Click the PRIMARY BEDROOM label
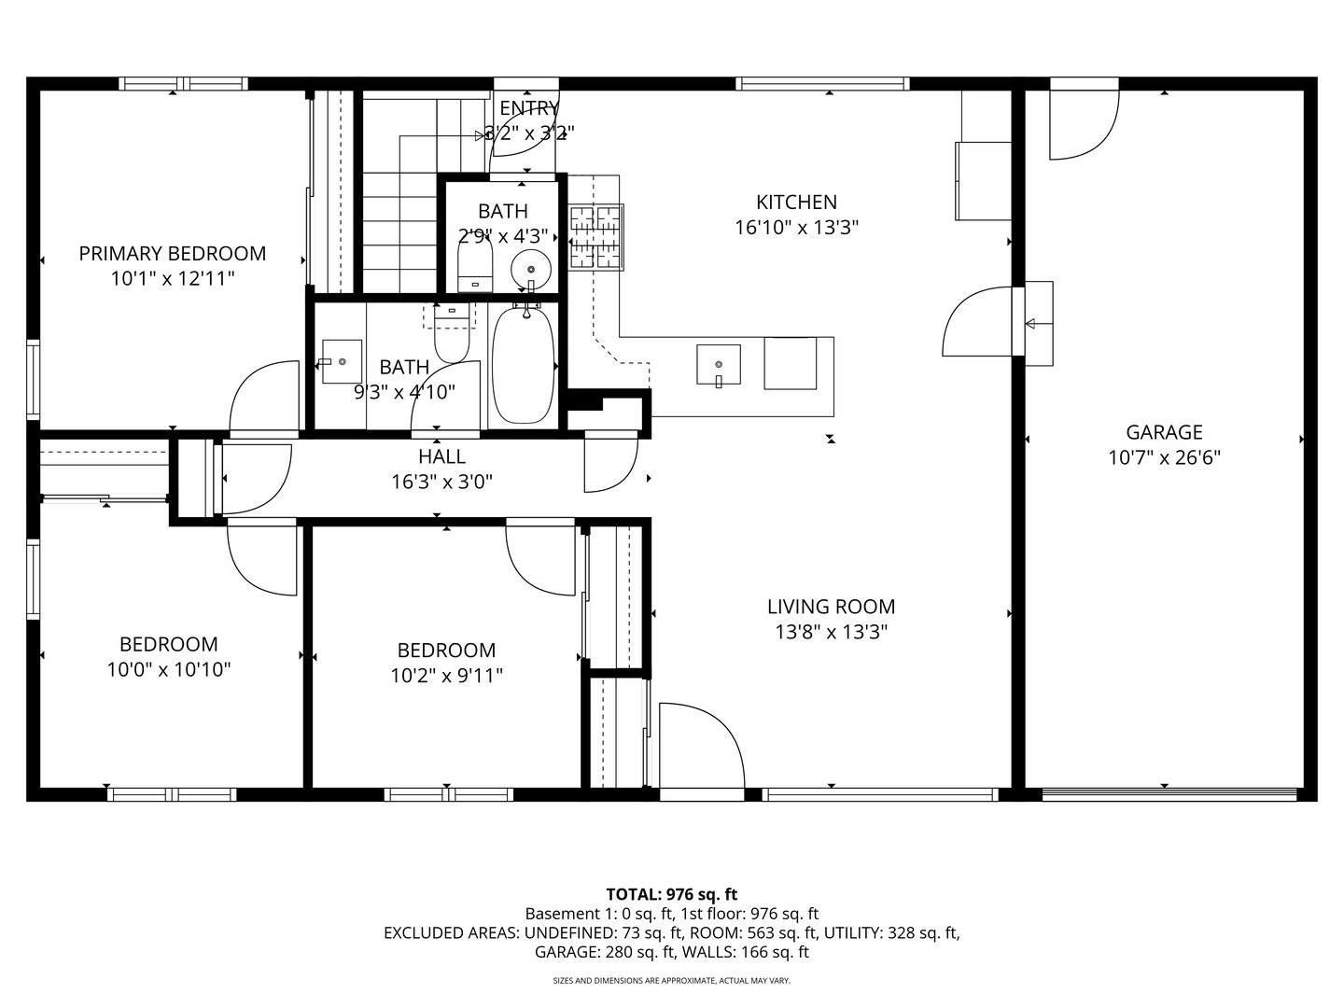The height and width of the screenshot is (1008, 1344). [173, 253]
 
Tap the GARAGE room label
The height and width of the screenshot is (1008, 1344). [1164, 432]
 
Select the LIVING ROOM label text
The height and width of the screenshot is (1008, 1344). [831, 607]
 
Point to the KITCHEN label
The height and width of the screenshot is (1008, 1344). [796, 202]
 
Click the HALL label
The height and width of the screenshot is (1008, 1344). [441, 456]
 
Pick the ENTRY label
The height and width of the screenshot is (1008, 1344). [529, 108]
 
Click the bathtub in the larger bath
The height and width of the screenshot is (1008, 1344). [524, 365]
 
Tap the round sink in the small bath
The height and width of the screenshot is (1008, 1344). [531, 270]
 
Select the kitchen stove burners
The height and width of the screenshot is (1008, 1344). [595, 237]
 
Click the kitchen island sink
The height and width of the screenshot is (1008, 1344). [719, 365]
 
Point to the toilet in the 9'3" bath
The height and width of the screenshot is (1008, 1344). [452, 334]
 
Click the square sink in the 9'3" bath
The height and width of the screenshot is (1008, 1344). [342, 362]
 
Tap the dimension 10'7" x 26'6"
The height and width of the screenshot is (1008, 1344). [1164, 457]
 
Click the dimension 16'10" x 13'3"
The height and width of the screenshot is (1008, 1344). [796, 228]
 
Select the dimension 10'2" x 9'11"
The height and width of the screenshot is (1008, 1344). [446, 676]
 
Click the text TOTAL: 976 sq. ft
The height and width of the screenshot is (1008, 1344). [672, 894]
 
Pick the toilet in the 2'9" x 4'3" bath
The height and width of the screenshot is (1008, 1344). [475, 264]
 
